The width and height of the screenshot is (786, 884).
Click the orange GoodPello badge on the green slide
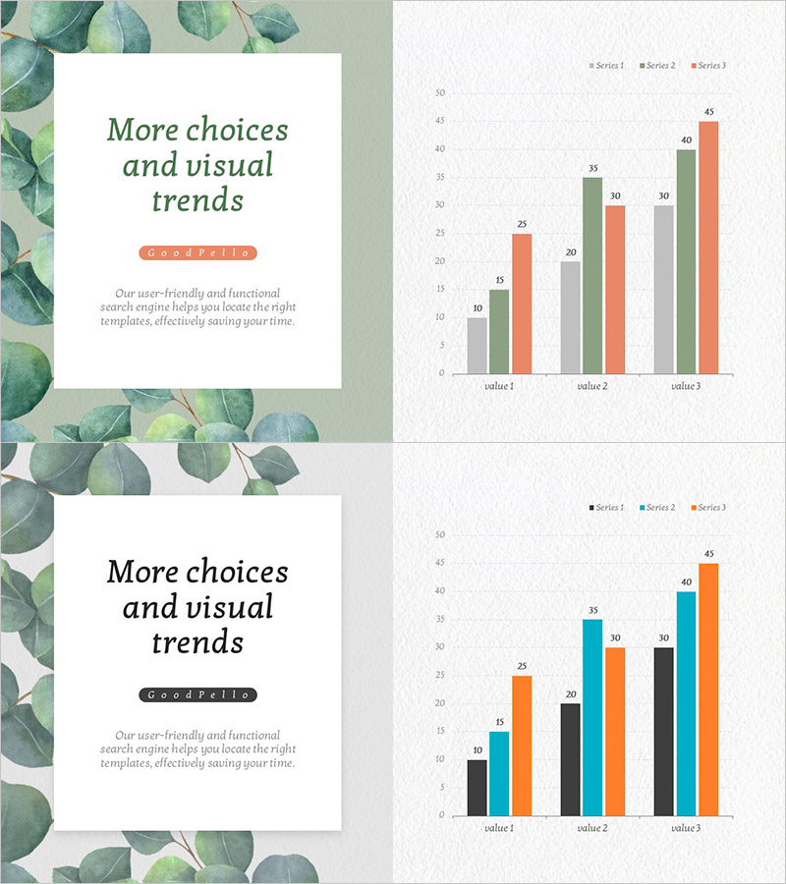pyautogui.click(x=197, y=253)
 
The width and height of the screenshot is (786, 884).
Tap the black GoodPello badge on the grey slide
pyautogui.click(x=197, y=695)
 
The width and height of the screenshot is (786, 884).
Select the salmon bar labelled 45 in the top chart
pyautogui.click(x=708, y=248)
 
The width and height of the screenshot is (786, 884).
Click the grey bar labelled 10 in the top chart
pyautogui.click(x=477, y=346)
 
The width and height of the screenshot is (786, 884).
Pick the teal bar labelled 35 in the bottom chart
pyautogui.click(x=592, y=718)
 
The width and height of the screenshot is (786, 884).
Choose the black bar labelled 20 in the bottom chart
pyautogui.click(x=571, y=759)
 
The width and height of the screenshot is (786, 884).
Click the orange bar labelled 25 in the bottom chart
pyautogui.click(x=522, y=746)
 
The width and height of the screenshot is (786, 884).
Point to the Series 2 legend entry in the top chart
pyautogui.click(x=657, y=66)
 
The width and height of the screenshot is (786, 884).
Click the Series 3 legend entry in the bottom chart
pyautogui.click(x=708, y=508)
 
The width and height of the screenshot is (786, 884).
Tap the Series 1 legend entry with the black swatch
pyautogui.click(x=607, y=508)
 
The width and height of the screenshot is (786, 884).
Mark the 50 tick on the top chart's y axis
pyautogui.click(x=440, y=93)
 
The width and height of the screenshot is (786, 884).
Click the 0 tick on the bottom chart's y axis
pyautogui.click(x=441, y=815)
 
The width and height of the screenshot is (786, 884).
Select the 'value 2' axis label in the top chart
pyautogui.click(x=592, y=386)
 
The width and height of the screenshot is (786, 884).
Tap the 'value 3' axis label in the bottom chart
pyautogui.click(x=686, y=828)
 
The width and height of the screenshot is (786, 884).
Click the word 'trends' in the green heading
pyautogui.click(x=197, y=200)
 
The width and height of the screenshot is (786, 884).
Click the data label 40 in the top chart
pyautogui.click(x=686, y=140)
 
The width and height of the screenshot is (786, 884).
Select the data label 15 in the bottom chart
pyautogui.click(x=499, y=722)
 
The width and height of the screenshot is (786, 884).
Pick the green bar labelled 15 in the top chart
pyautogui.click(x=499, y=332)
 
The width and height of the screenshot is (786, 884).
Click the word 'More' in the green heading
pyautogui.click(x=143, y=130)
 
